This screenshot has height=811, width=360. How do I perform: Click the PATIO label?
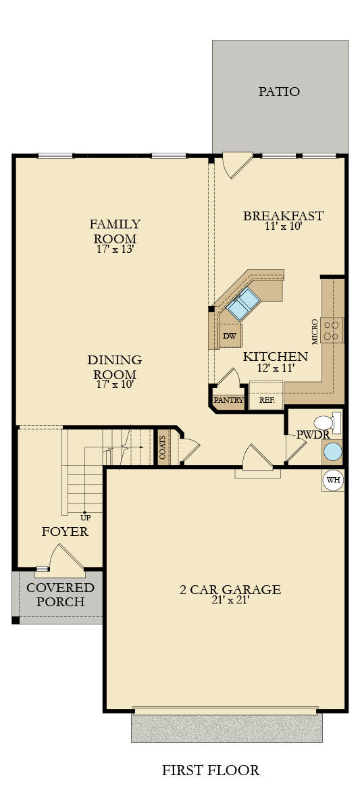pyautogui.click(x=279, y=92)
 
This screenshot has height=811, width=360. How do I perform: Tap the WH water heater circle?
pyautogui.click(x=333, y=480)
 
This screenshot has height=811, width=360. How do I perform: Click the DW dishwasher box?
pyautogui.click(x=230, y=336)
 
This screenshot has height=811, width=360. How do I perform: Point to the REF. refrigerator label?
pyautogui.click(x=267, y=400)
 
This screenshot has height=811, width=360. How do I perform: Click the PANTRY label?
pyautogui.click(x=229, y=400)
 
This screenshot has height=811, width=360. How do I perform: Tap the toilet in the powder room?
pyautogui.click(x=328, y=422)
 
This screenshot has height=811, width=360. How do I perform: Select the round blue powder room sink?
pyautogui.click(x=332, y=452)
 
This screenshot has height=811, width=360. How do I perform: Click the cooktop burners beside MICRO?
pyautogui.click(x=333, y=330)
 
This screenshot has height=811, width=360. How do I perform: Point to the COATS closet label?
pyautogui.click(x=163, y=447)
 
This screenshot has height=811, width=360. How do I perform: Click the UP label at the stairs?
pyautogui.click(x=85, y=518)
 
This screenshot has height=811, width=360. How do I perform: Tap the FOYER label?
pyautogui.click(x=65, y=531)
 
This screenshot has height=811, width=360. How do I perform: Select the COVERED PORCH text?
pyautogui.click(x=60, y=595)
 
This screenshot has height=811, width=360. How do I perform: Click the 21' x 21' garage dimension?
pyautogui.click(x=230, y=600)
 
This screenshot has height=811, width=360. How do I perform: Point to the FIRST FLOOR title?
pyautogui.click(x=211, y=770)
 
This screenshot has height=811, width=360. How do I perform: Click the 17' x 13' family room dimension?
pyautogui.click(x=115, y=249)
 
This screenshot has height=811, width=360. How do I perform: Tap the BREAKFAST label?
pyautogui.click(x=283, y=216)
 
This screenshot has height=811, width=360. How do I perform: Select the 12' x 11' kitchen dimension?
pyautogui.click(x=276, y=368)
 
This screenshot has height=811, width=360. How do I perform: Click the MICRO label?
pyautogui.click(x=315, y=331)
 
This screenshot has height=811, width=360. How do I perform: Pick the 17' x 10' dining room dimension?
pyautogui.click(x=115, y=385)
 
